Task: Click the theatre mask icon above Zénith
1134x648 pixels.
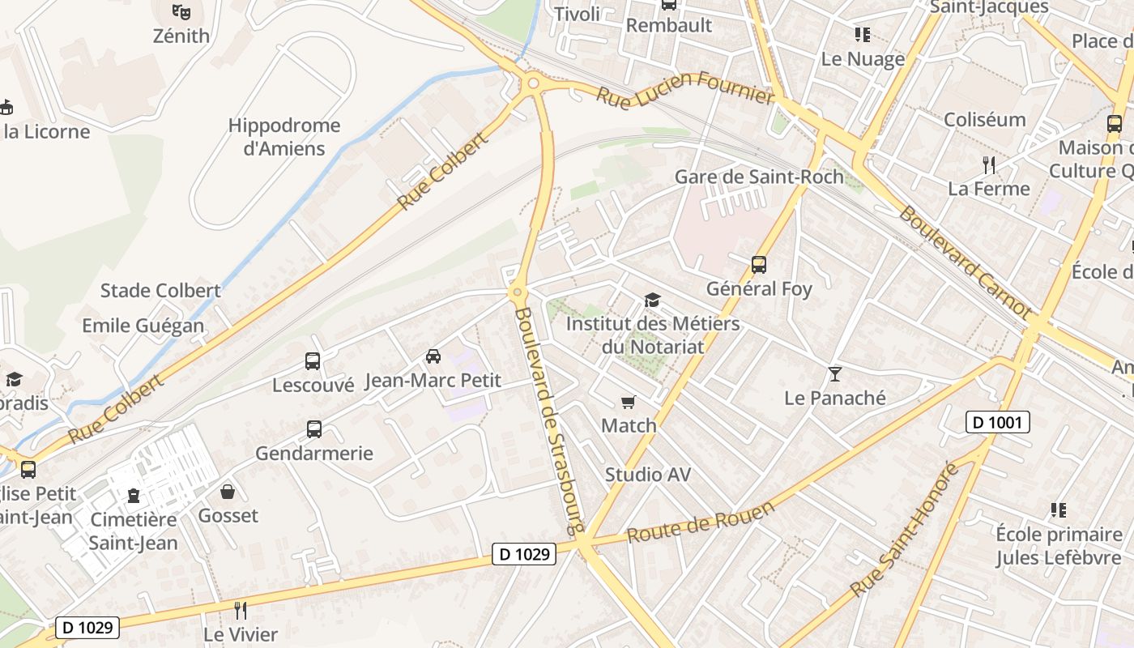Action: pyautogui.click(x=181, y=11)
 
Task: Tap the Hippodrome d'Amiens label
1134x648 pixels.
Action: pyautogui.click(x=283, y=137)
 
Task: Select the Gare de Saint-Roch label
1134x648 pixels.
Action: pyautogui.click(x=758, y=177)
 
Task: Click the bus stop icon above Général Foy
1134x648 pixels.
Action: pyautogui.click(x=759, y=264)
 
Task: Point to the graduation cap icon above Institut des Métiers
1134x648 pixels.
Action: pyautogui.click(x=652, y=301)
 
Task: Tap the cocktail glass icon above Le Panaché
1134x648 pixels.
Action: pyautogui.click(x=835, y=373)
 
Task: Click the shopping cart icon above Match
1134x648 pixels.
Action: pyautogui.click(x=629, y=402)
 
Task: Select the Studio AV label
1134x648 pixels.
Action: pyautogui.click(x=648, y=475)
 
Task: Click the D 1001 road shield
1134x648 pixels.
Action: pyautogui.click(x=998, y=422)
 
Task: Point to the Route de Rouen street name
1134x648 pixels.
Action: pyautogui.click(x=701, y=522)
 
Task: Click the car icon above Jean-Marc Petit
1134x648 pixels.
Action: pyautogui.click(x=433, y=356)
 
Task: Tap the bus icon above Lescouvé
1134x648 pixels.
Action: pyautogui.click(x=313, y=361)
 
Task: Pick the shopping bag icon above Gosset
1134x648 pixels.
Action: pyautogui.click(x=228, y=492)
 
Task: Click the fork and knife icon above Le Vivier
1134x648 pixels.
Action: pyautogui.click(x=240, y=610)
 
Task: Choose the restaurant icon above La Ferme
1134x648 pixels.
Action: pyautogui.click(x=988, y=165)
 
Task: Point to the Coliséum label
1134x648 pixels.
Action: pyautogui.click(x=984, y=120)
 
